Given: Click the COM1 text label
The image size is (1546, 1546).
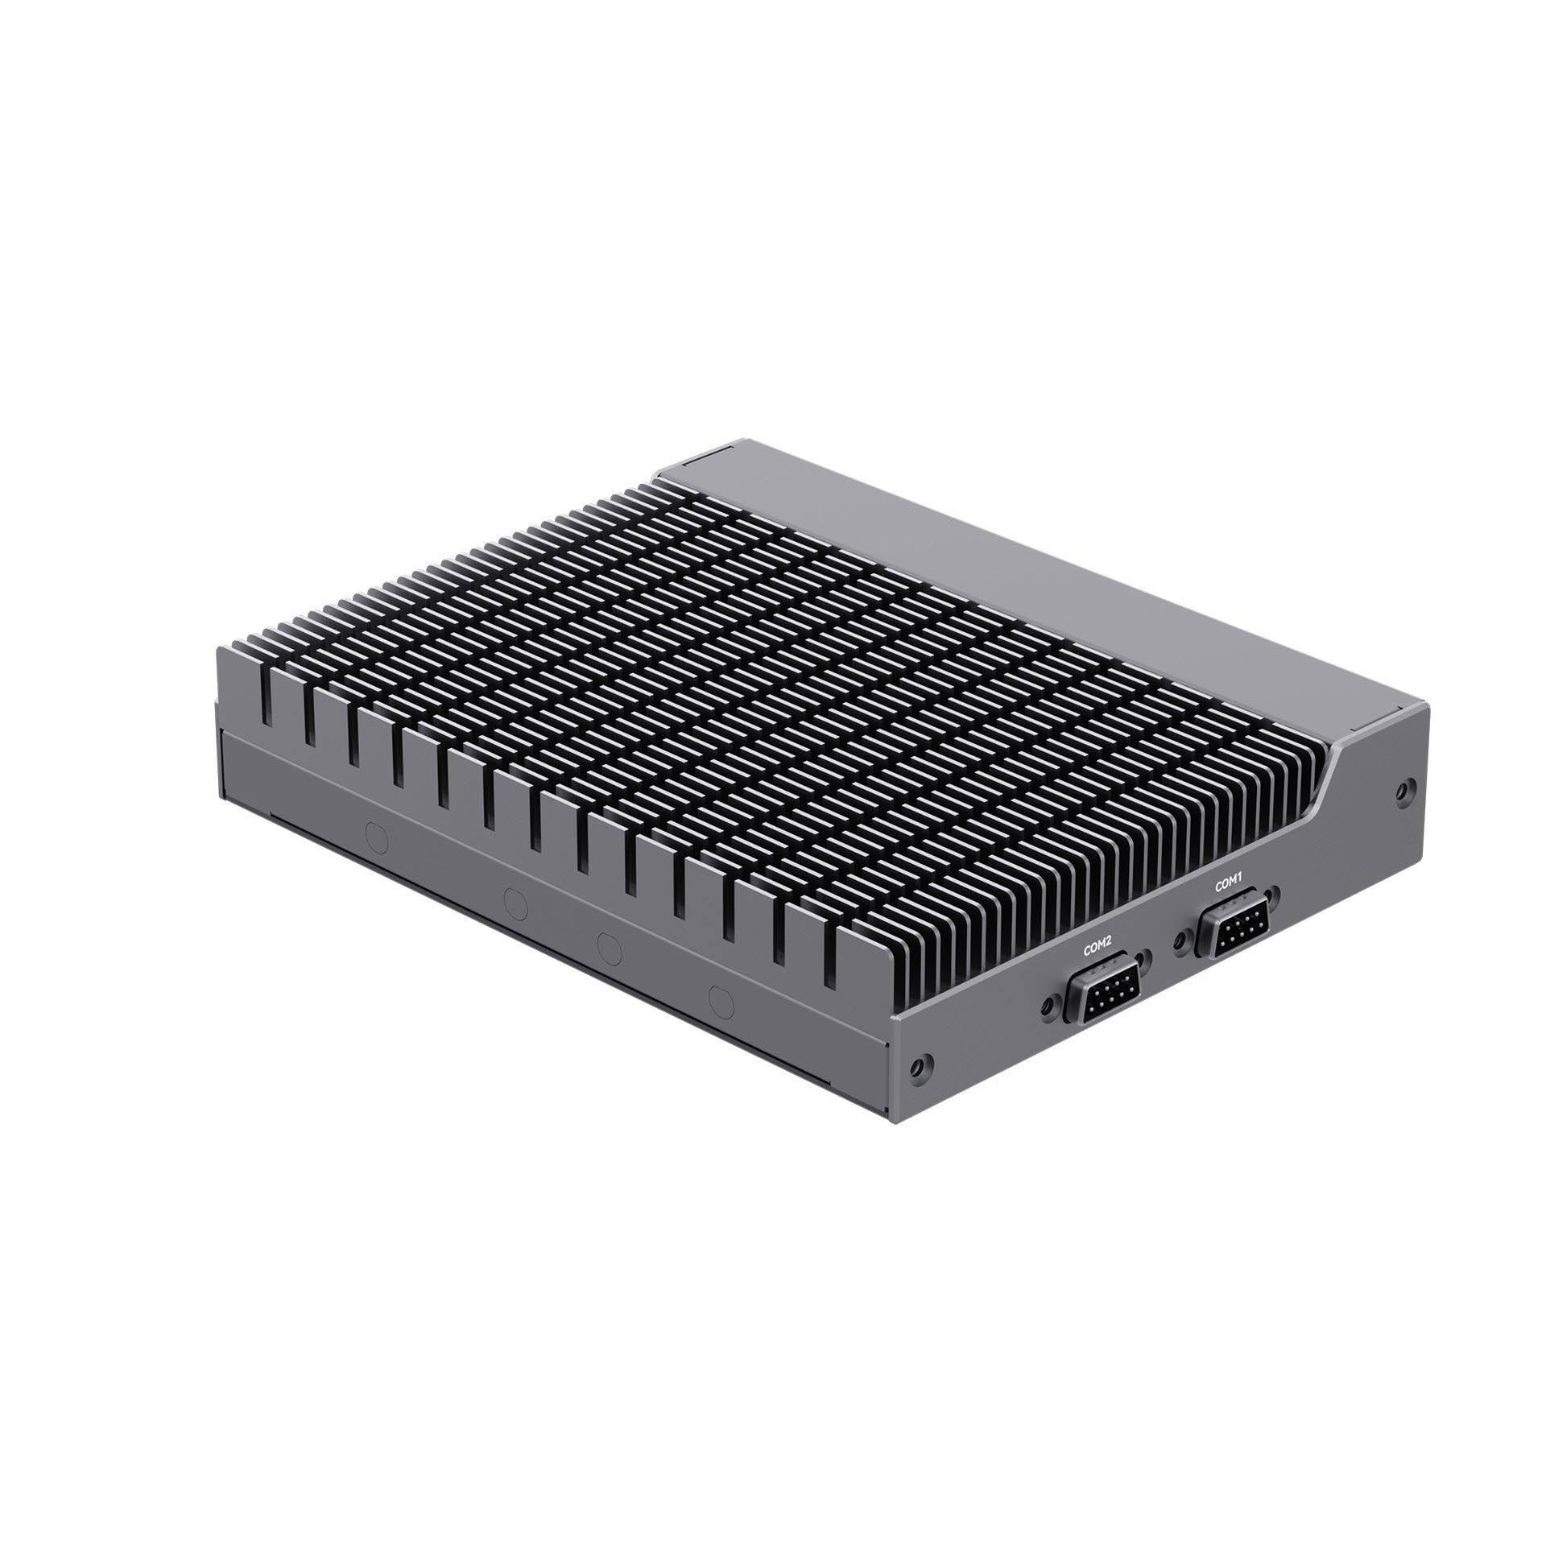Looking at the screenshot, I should pos(1230,884).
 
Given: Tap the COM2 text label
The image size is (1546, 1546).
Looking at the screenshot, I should pos(1097,949).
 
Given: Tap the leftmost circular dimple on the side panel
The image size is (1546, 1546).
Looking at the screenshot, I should pos(376,837).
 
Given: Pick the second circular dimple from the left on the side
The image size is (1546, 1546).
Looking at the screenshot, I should pos(514,903).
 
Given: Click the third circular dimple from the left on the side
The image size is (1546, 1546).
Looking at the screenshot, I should pos(609,949).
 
